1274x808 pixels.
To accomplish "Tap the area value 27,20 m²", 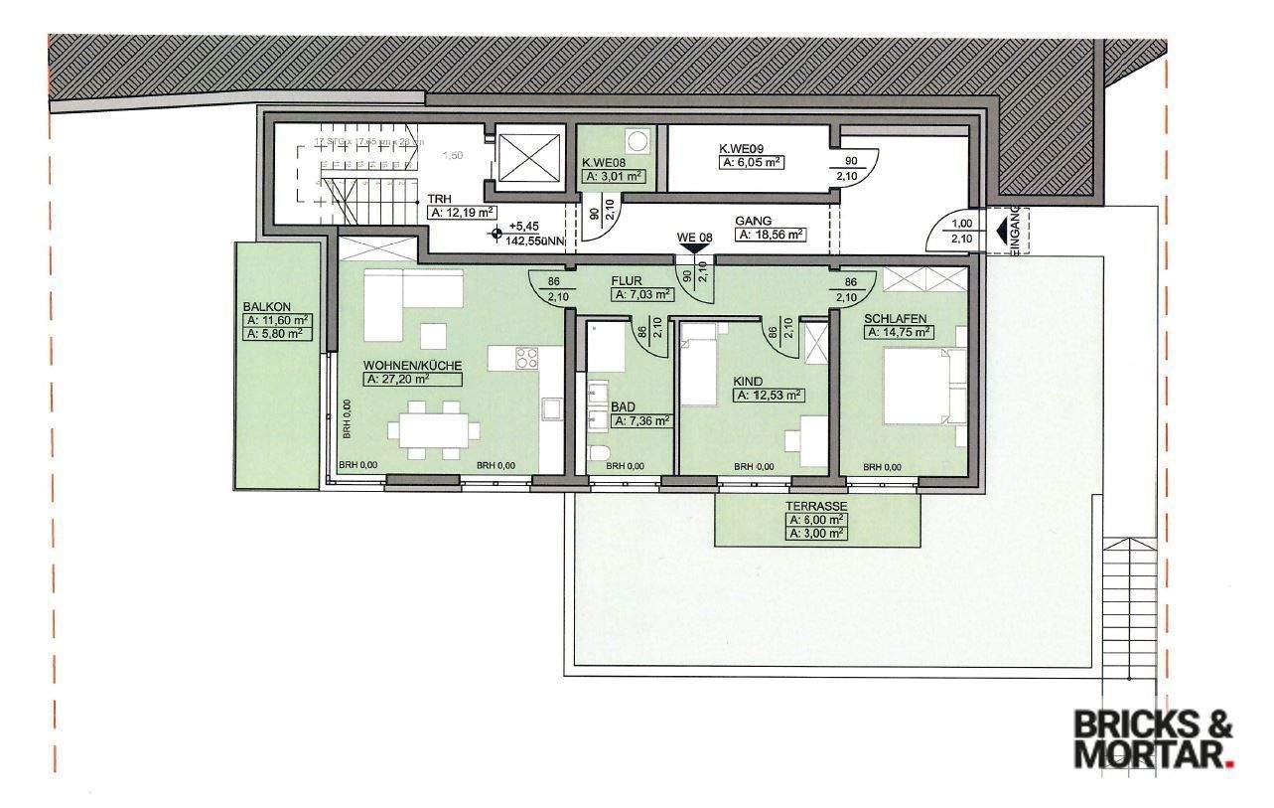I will pyautogui.click(x=413, y=379).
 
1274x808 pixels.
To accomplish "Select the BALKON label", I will pyautogui.click(x=263, y=308).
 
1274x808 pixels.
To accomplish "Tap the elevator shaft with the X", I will pyautogui.click(x=528, y=158).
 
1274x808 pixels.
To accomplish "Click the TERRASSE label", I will pyautogui.click(x=816, y=505).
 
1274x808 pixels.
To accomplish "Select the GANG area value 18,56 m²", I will pyautogui.click(x=771, y=236).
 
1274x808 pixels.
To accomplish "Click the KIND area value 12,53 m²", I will pyautogui.click(x=769, y=395).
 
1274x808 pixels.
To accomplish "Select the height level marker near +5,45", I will pyautogui.click(x=494, y=236).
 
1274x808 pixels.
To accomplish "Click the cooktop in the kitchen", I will pyautogui.click(x=526, y=357).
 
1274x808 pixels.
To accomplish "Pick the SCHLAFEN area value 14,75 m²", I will pyautogui.click(x=899, y=333).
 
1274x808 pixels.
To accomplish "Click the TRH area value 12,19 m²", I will pyautogui.click(x=462, y=212).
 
